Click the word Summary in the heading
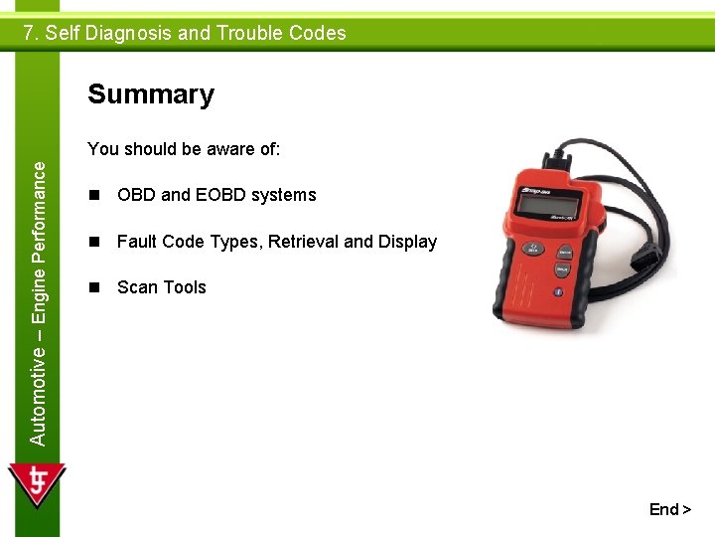tap(151, 94)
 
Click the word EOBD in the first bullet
tap(219, 195)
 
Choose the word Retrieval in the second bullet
tap(297, 242)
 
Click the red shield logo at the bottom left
tap(37, 485)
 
